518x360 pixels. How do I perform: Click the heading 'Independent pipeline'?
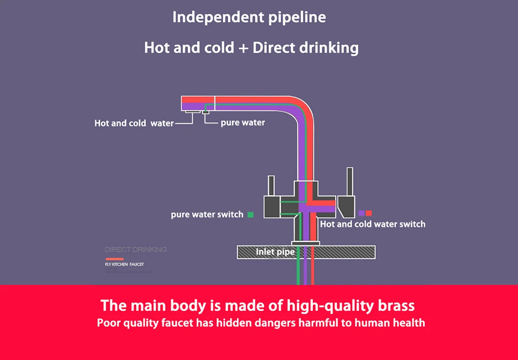point(249,17)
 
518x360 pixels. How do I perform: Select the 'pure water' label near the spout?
point(242,123)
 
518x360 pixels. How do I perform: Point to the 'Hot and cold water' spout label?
point(134,123)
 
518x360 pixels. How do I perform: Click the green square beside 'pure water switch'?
point(251,214)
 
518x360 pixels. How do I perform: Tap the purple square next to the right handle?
point(361,213)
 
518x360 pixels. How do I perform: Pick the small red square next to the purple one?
point(369,213)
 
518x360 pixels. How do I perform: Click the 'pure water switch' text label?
point(207,214)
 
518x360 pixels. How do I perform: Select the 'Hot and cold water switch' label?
point(372,224)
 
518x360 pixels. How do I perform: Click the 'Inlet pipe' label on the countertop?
point(275,252)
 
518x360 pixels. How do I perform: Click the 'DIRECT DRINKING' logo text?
point(136,250)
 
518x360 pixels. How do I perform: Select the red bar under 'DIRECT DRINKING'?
point(114,258)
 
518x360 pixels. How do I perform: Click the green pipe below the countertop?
point(298,272)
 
